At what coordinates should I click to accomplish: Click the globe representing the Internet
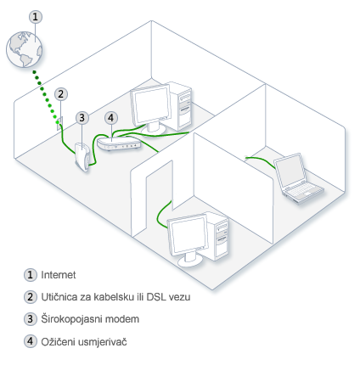[25, 49]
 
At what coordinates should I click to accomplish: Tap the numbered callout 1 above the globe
[36, 17]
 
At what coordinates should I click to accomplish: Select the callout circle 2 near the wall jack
[61, 94]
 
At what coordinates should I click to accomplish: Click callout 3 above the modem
[82, 118]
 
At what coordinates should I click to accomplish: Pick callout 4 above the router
[111, 118]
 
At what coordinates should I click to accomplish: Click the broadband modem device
[82, 157]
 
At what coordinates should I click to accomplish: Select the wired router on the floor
[119, 143]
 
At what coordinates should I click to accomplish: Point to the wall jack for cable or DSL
[59, 123]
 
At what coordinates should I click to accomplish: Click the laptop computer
[297, 177]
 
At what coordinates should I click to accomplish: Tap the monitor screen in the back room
[151, 105]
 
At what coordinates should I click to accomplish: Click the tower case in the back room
[180, 105]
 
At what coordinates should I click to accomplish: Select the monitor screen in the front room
[188, 235]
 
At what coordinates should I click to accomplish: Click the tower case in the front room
[217, 235]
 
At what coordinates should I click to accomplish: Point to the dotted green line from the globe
[46, 97]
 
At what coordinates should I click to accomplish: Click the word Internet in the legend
[59, 275]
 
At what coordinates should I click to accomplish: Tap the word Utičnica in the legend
[54, 297]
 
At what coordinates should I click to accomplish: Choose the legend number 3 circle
[31, 319]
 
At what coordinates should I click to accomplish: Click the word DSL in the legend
[156, 297]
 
